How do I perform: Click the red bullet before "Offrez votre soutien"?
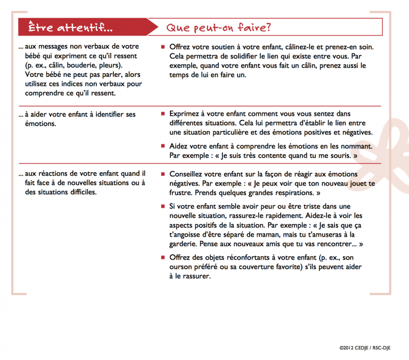click(x=163, y=47)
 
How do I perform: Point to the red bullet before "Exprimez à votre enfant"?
click(x=163, y=113)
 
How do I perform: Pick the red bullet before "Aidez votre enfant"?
click(x=163, y=145)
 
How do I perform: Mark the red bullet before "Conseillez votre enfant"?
click(x=163, y=174)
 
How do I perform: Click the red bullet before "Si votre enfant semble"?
click(x=163, y=206)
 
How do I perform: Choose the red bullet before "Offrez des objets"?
click(x=163, y=257)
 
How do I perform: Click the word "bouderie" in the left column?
click(x=84, y=65)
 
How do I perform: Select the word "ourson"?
click(x=184, y=267)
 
